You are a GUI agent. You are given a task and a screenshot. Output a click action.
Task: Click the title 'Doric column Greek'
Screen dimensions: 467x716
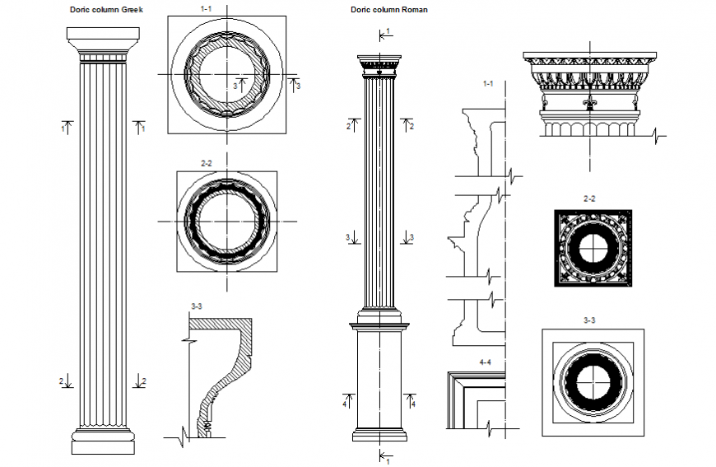(x=107, y=10)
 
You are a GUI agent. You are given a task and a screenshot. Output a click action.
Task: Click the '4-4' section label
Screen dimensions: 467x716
(x=486, y=362)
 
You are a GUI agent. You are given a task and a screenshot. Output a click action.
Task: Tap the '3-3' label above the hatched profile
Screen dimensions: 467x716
(x=198, y=306)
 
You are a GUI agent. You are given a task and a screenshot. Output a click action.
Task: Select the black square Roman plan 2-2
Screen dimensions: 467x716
(x=592, y=248)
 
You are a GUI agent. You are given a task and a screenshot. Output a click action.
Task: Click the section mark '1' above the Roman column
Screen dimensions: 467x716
(x=388, y=31)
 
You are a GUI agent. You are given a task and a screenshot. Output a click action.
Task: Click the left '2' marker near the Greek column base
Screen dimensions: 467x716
(x=61, y=381)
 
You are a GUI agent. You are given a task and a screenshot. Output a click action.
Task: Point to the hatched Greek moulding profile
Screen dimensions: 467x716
(x=226, y=371)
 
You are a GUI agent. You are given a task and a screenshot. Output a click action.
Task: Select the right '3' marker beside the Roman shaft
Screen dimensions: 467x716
(x=411, y=237)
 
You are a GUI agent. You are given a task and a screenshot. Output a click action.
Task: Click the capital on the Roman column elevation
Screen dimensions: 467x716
(x=379, y=64)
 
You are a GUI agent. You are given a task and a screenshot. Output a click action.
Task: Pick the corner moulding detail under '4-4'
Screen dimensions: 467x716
(x=473, y=399)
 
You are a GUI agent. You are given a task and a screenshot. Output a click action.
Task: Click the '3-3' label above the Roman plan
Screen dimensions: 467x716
(x=589, y=320)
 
